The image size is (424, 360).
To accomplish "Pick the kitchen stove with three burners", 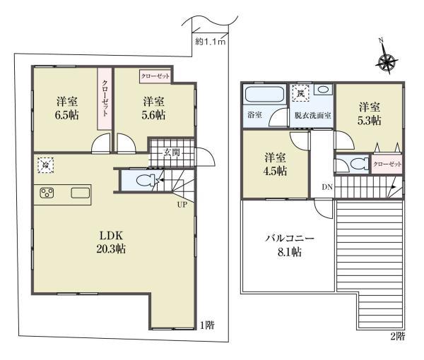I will pos(48,193).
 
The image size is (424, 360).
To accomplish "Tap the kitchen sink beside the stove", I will pos(78,193).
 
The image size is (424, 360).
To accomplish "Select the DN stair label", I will pos(326,186).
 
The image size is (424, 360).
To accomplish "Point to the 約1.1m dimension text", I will pos(210,42).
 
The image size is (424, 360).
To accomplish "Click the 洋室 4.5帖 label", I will pos(276,164).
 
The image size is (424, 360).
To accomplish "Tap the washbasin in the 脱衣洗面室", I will pos(324,90).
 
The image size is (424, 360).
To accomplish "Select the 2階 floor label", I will pos(397,336).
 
